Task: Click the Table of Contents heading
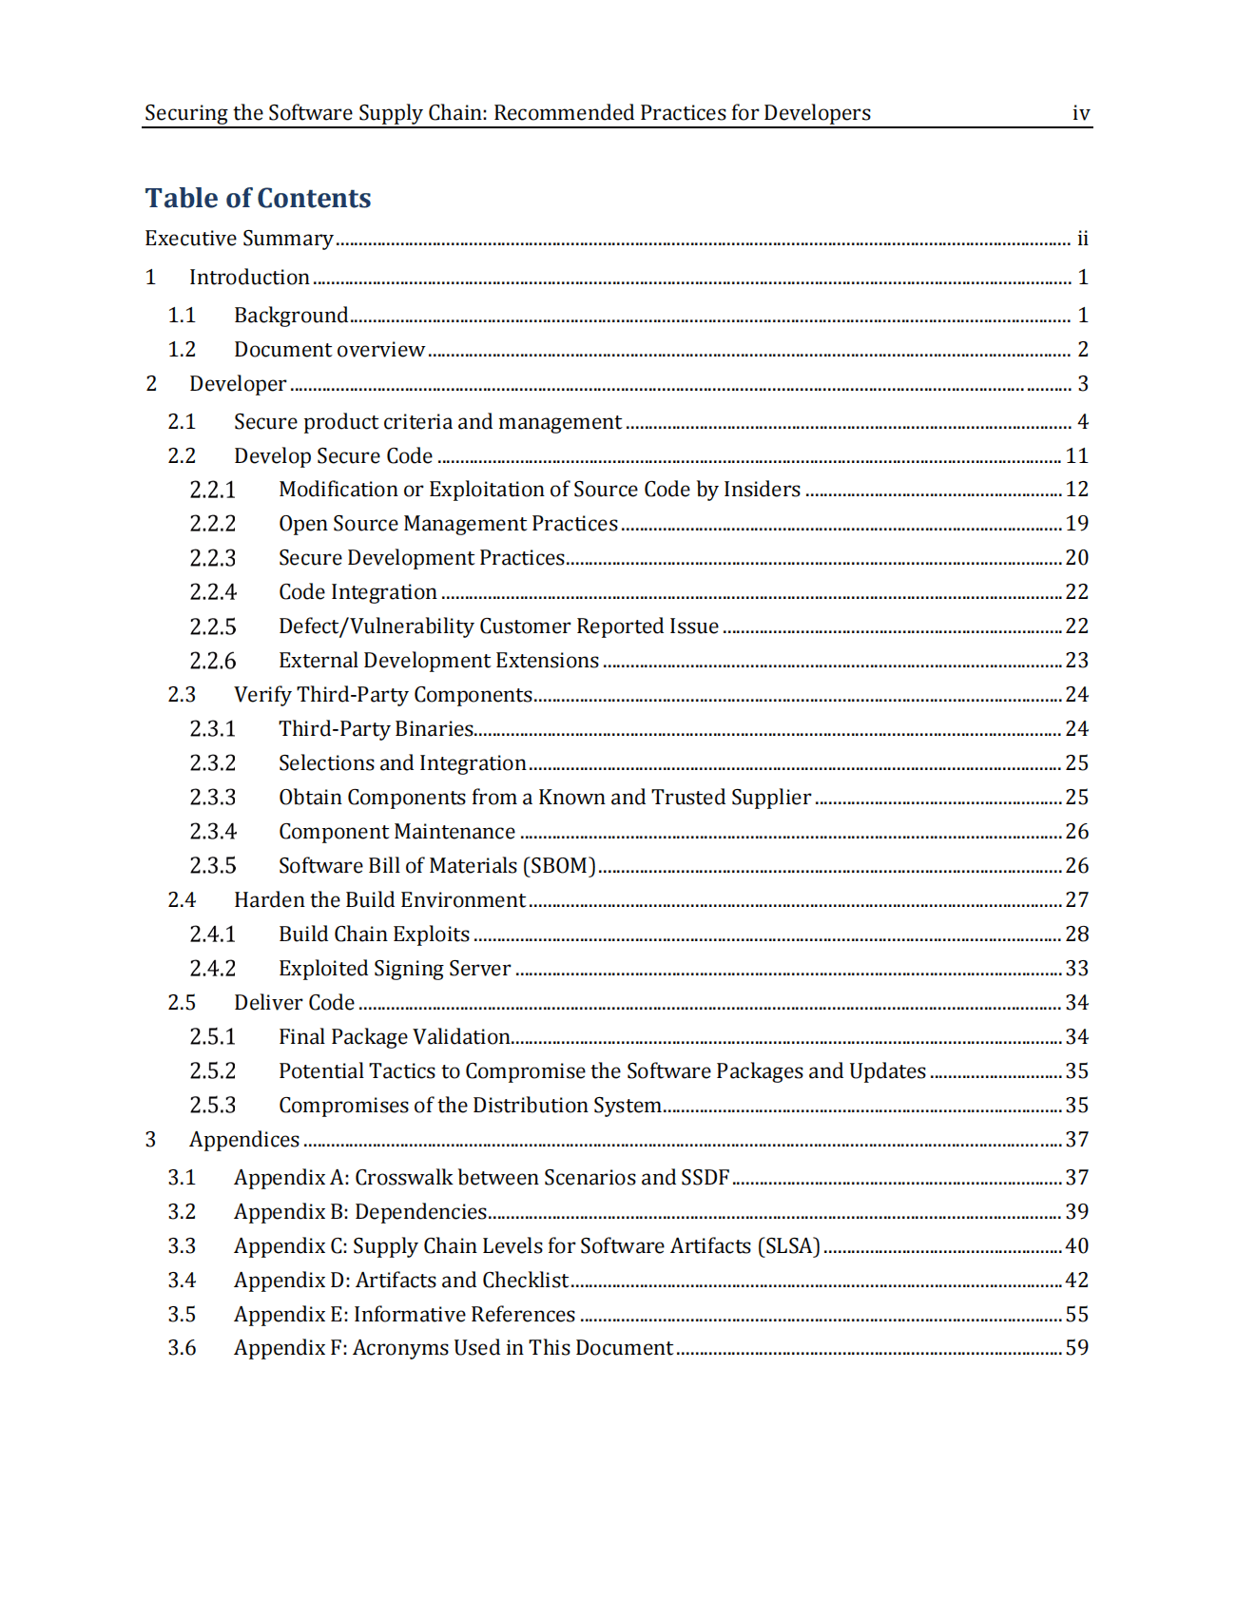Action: tap(258, 198)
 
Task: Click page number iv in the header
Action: tap(1080, 113)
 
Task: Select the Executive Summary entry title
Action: tap(239, 238)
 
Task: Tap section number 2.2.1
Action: tap(212, 490)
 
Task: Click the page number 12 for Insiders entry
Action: tap(1076, 490)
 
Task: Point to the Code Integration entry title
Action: tap(357, 592)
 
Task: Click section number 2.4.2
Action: tap(212, 969)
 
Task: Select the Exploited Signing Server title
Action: tap(395, 969)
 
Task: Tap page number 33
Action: tap(1076, 969)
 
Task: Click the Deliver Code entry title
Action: tap(294, 1003)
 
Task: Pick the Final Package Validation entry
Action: tap(395, 1037)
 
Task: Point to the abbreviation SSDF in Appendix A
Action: tap(705, 1178)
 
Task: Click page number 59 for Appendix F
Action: tap(1076, 1348)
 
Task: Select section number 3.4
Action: tap(182, 1281)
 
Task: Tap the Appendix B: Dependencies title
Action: tap(360, 1212)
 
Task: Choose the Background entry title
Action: tap(291, 316)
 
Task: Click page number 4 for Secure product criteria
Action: tap(1082, 422)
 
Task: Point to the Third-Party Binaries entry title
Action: tap(376, 729)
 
